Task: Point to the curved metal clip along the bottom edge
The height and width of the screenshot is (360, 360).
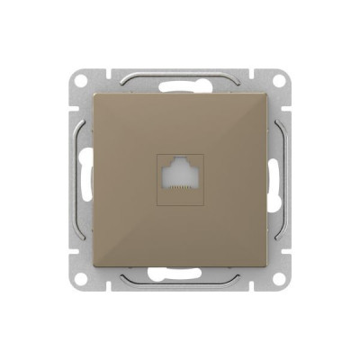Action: (180, 288)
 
